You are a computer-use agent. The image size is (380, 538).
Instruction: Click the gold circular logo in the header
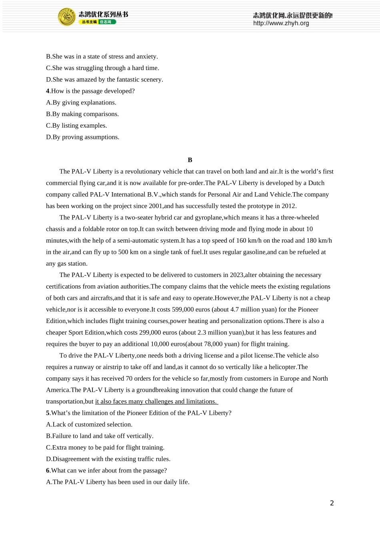[x=67, y=17]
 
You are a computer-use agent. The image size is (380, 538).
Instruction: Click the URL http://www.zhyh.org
[x=281, y=23]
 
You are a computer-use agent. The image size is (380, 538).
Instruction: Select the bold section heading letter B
[x=190, y=160]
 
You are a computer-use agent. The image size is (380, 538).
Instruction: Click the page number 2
[x=332, y=503]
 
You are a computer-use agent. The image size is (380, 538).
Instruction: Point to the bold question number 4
[x=48, y=91]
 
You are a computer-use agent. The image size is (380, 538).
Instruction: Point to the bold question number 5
[x=48, y=413]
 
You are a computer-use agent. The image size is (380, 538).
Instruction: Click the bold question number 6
[x=48, y=470]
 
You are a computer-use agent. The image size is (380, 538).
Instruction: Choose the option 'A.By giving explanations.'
[x=81, y=102]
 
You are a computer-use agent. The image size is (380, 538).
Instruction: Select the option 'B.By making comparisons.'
[x=82, y=114]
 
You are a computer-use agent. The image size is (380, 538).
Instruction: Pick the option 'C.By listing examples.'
[x=76, y=126]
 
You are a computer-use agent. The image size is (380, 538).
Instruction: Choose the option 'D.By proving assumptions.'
[x=83, y=137]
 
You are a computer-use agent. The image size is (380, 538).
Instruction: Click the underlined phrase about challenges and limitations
[x=156, y=401]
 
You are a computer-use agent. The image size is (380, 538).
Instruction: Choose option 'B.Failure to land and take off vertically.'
[x=100, y=436]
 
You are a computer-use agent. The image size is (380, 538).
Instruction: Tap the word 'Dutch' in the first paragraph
[x=316, y=183]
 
